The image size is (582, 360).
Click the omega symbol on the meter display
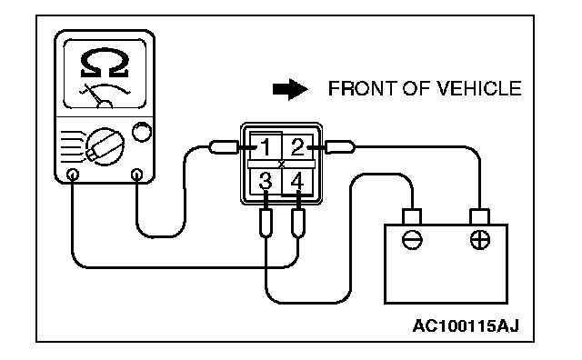click(x=105, y=63)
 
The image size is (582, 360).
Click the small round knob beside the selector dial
click(x=142, y=132)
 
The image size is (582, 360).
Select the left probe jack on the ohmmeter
click(x=73, y=175)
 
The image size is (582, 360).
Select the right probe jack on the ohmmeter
click(x=137, y=174)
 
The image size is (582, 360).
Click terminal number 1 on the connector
click(x=266, y=147)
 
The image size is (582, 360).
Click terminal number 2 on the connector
click(x=297, y=147)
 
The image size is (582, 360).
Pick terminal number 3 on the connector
click(x=266, y=181)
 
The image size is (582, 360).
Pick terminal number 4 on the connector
click(x=297, y=182)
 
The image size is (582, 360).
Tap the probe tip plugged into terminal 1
click(x=224, y=147)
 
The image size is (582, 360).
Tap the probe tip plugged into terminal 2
click(x=339, y=147)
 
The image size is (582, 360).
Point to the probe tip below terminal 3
click(x=266, y=223)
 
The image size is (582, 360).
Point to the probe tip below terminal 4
click(x=298, y=223)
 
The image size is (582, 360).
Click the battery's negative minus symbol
click(x=412, y=239)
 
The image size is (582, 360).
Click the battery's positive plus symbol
click(x=480, y=239)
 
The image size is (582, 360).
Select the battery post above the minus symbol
click(x=412, y=216)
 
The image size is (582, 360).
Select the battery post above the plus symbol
click(x=479, y=216)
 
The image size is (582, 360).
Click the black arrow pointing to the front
click(x=290, y=89)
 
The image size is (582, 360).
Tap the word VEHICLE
click(x=478, y=89)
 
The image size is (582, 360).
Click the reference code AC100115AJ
click(x=466, y=326)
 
